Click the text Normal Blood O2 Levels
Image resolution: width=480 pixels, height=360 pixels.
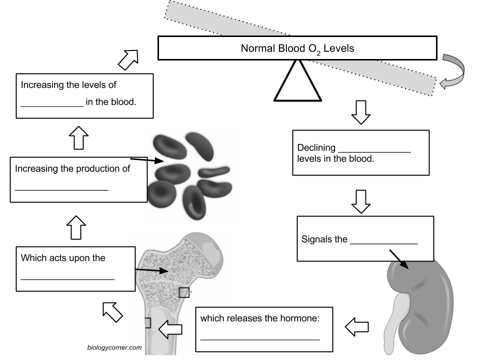297,48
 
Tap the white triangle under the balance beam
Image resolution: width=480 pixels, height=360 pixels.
297,83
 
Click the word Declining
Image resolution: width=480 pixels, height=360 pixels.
316,148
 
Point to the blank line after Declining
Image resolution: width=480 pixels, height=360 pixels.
374,151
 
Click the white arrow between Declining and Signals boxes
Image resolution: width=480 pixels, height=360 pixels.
360,200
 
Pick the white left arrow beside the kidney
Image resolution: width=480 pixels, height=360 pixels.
357,327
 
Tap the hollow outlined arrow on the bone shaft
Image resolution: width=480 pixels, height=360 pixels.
170,329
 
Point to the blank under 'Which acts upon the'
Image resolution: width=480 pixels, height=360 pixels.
67,278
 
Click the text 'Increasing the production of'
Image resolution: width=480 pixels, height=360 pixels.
72,168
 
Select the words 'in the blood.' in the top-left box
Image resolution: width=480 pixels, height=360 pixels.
111,102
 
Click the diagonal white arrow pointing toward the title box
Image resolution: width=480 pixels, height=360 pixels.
128,59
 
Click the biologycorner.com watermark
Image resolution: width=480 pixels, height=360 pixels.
114,347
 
